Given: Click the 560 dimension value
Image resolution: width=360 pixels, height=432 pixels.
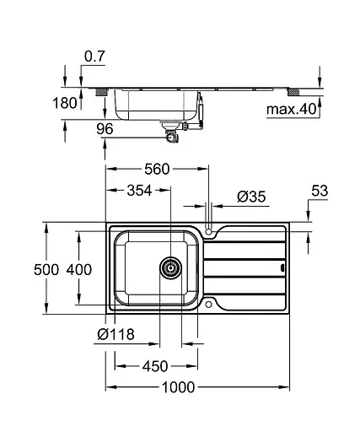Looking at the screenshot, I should pos(156,169).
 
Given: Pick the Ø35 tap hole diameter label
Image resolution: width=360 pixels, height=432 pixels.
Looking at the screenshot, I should pos(252,197).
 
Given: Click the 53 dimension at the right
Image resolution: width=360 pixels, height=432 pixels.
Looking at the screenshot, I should pos(319,192).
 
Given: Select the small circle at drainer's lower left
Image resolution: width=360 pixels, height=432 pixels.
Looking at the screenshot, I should pos(208,305).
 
